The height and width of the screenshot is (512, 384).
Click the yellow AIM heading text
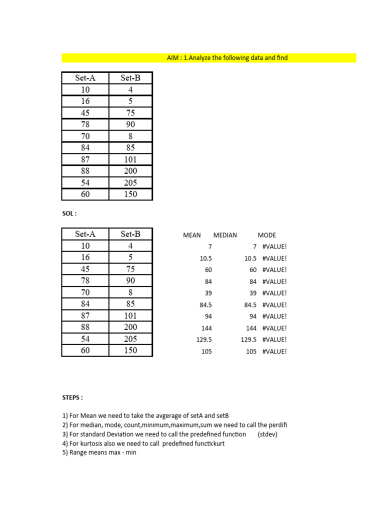tap(227, 58)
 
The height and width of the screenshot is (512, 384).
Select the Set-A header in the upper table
tap(85, 77)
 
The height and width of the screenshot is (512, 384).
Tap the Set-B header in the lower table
tap(130, 233)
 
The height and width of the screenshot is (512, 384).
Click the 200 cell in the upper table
tap(130, 171)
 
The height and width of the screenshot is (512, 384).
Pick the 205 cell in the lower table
tap(130, 338)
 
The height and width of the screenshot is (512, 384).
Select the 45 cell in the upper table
tap(85, 112)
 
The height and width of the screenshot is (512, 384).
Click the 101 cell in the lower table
tap(130, 315)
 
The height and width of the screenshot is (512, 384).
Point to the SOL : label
tap(69, 213)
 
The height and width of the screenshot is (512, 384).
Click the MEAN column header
tap(192, 235)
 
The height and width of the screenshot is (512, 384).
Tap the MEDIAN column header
tap(225, 235)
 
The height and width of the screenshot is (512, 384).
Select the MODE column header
tap(266, 235)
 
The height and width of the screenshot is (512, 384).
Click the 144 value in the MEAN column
tap(206, 328)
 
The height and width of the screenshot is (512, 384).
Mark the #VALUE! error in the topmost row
tap(274, 247)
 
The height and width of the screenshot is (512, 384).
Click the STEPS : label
tap(72, 397)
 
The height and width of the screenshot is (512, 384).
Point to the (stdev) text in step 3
tap(267, 434)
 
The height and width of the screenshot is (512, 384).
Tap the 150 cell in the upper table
tap(130, 194)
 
